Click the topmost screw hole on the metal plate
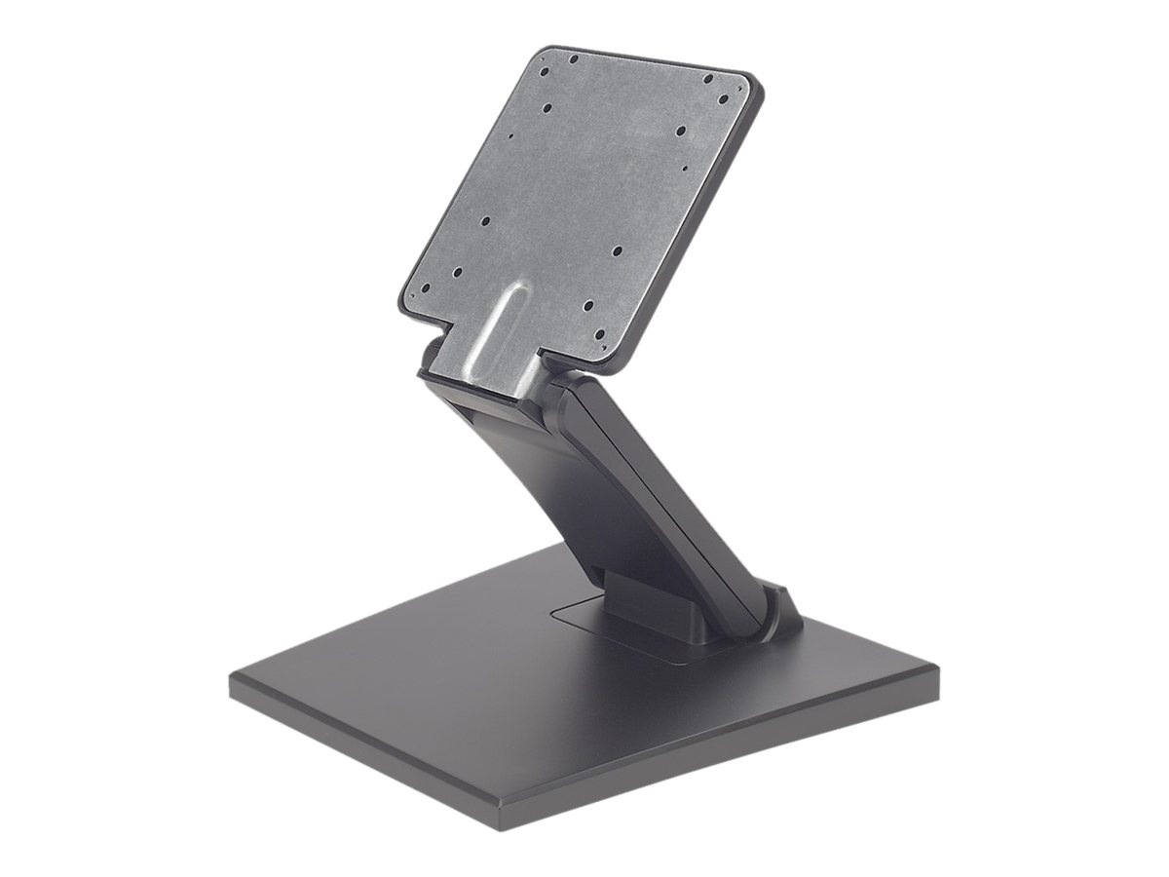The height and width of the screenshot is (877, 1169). pyautogui.click(x=574, y=59)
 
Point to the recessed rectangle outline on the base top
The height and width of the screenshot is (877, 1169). pyautogui.click(x=584, y=624)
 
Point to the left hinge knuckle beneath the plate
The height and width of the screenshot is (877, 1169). pyautogui.click(x=429, y=356)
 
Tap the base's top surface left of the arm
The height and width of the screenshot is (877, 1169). pyautogui.click(x=409, y=672)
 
